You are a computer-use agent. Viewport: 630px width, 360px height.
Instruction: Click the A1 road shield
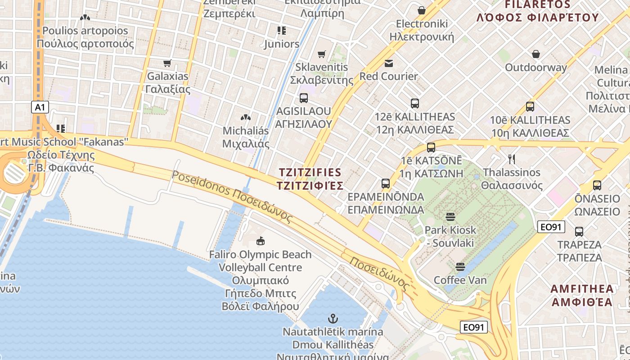40,107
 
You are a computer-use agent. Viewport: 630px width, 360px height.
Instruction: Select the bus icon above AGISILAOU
304,98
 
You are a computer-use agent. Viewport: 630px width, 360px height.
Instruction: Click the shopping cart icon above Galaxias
167,63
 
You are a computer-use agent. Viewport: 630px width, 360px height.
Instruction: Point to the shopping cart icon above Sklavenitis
322,54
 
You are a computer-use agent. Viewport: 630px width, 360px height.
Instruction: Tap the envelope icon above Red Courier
388,63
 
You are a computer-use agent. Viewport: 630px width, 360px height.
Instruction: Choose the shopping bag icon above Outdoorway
536,54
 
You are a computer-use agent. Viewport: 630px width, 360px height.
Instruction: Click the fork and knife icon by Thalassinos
511,159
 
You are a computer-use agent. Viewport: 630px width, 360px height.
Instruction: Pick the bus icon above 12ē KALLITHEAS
415,103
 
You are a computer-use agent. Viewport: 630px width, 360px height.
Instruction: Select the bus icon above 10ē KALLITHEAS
530,107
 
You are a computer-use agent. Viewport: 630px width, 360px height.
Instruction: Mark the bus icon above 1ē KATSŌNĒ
431,147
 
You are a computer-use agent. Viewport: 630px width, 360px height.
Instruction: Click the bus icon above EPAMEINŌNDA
386,184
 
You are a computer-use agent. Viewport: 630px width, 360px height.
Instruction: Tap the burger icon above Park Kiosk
450,217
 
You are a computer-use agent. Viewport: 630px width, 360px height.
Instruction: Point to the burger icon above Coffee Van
460,267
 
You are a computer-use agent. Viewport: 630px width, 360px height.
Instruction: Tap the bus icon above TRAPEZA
579,232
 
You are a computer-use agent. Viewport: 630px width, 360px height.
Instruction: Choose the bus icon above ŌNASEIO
597,185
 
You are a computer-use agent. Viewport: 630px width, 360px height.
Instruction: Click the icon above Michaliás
246,117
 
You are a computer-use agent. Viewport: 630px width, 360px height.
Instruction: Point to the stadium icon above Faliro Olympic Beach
260,241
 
